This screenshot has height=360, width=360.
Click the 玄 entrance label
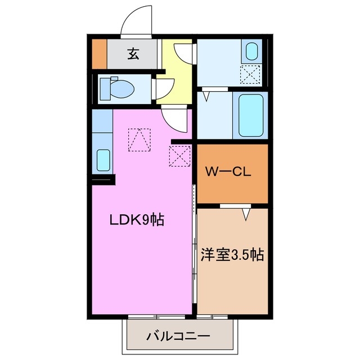pyautogui.click(x=133, y=54)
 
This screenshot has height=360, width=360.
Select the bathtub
pyautogui.click(x=250, y=115)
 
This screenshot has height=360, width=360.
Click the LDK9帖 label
pyautogui.click(x=137, y=220)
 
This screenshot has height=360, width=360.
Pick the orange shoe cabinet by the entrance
pyautogui.click(x=99, y=54)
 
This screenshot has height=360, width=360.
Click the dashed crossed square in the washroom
pyautogui.click(x=251, y=74)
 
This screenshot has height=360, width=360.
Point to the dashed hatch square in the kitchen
pyautogui.click(x=139, y=140)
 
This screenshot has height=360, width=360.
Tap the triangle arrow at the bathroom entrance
pyautogui.click(x=206, y=96)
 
